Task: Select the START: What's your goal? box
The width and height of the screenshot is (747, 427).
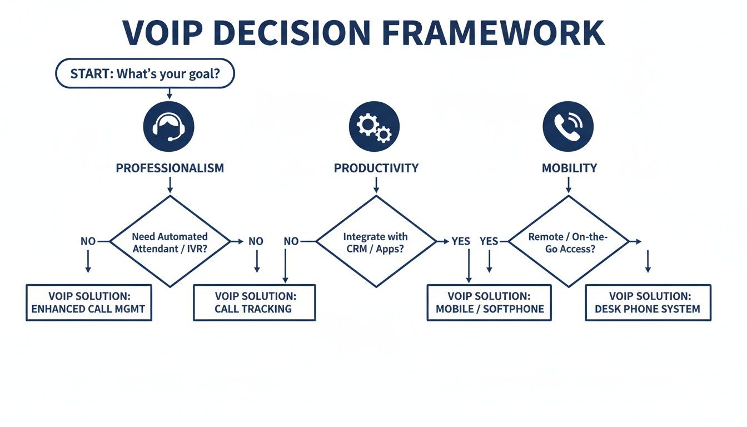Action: [145, 73]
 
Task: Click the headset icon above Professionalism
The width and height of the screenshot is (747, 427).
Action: [169, 126]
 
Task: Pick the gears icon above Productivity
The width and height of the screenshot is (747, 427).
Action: [374, 126]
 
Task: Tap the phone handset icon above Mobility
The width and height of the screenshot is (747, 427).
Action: [568, 126]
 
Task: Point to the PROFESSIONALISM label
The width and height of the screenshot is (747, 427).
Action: [170, 168]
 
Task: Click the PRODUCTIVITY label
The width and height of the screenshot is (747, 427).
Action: [376, 168]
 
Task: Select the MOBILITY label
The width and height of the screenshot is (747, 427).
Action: [569, 168]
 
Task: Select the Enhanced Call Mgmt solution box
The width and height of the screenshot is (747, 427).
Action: [88, 302]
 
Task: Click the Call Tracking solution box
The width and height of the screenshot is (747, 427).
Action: [254, 302]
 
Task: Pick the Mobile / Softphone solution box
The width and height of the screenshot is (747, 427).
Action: [489, 302]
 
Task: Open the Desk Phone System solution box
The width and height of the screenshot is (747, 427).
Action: [648, 302]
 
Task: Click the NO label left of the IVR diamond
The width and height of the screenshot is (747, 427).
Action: [88, 241]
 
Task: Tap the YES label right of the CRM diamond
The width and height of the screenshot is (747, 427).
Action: [461, 241]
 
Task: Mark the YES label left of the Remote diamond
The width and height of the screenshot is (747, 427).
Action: [489, 241]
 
